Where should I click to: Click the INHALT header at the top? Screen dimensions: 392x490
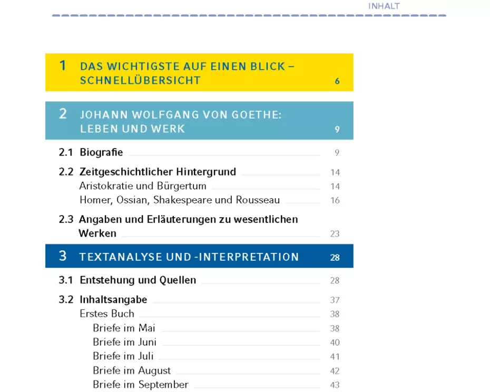click(x=384, y=6)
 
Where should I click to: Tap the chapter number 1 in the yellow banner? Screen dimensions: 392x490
click(x=63, y=65)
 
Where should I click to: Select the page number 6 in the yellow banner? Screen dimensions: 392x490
click(x=337, y=81)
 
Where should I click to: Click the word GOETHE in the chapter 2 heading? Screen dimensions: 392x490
click(x=252, y=115)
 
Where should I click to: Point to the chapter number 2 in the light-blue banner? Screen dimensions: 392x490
click(x=63, y=113)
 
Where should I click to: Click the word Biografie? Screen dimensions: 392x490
click(x=101, y=152)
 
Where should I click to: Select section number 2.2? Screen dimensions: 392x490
click(x=66, y=172)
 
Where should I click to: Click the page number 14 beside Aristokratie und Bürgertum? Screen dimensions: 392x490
click(x=335, y=187)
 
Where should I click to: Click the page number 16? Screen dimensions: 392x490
click(x=335, y=201)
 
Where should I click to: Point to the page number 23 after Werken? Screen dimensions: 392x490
click(x=335, y=234)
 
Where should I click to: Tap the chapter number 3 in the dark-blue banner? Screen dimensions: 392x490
click(x=63, y=256)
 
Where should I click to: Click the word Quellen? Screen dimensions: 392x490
click(x=179, y=280)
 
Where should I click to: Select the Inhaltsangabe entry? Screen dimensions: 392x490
click(x=113, y=300)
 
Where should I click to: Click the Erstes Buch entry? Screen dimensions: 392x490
click(x=107, y=313)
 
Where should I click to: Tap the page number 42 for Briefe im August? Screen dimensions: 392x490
click(x=335, y=371)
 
